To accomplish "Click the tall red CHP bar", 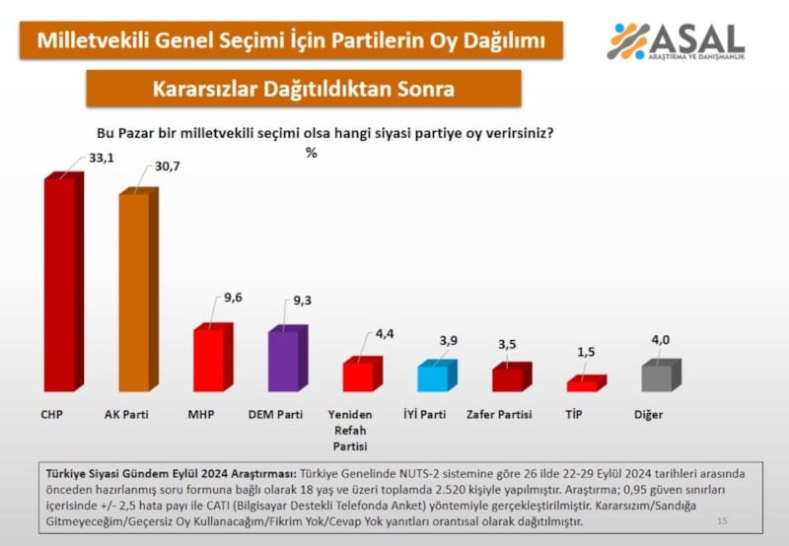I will [x=63, y=286].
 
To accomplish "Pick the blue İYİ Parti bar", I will [x=435, y=377].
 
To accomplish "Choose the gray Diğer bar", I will [x=659, y=377].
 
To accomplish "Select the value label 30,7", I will [x=163, y=170].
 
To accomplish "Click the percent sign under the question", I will [x=311, y=153].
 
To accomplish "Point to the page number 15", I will [x=722, y=520].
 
